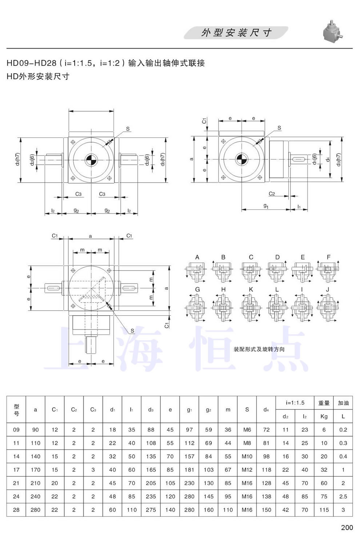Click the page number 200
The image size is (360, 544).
coord(347,527)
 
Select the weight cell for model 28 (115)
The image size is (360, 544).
coord(324,510)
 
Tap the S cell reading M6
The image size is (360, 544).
coord(247,430)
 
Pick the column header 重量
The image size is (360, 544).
coord(324,403)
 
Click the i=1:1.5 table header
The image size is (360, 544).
coord(295,403)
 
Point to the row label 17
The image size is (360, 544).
coord(16,470)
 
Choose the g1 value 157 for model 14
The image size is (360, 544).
coord(189,456)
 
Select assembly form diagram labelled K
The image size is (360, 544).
coord(251,307)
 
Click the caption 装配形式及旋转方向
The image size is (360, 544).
coord(259,349)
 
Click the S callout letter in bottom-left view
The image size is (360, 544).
coord(132,331)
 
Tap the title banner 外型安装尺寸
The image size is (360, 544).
coord(236,33)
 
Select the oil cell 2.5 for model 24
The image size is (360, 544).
coord(343,496)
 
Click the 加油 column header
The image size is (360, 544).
coord(343,403)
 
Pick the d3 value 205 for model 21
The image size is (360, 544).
coord(151,483)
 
